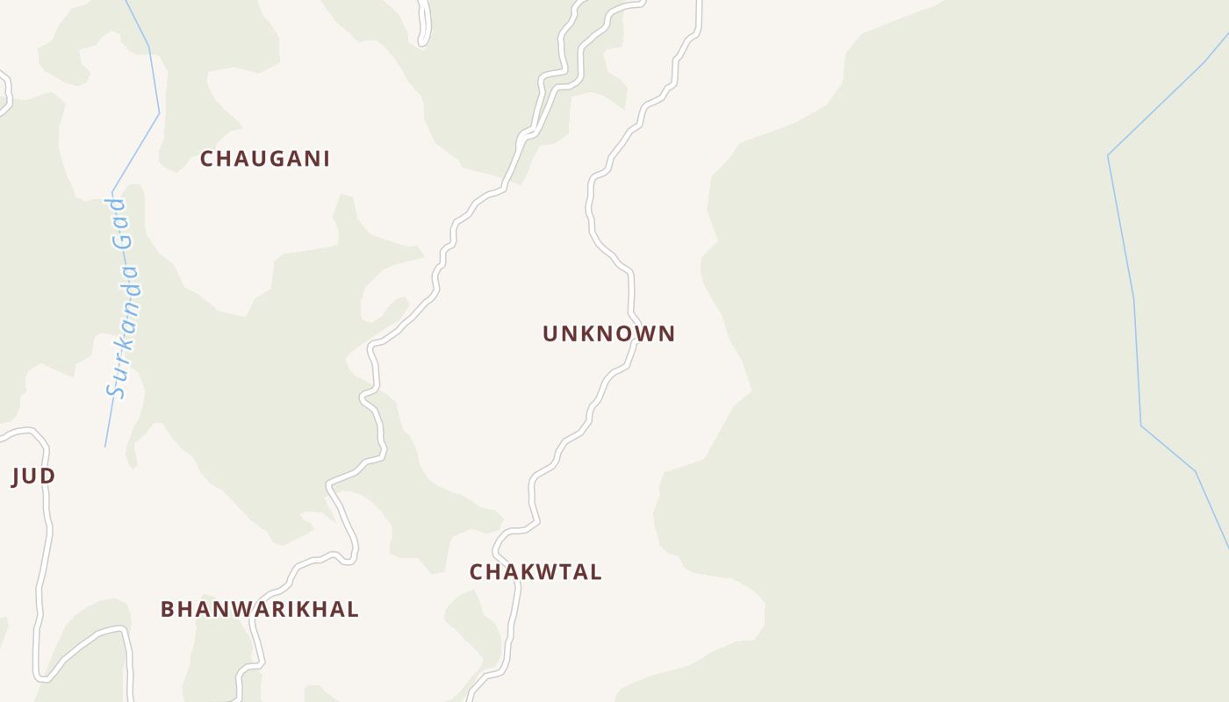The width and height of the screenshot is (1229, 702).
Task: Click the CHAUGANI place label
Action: coord(264,159)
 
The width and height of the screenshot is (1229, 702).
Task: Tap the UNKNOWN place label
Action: coord(608,333)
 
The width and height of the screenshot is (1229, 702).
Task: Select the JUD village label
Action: coord(33,476)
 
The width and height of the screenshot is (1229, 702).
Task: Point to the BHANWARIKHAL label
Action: coord(259,609)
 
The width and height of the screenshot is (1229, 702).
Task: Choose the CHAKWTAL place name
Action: coord(535,572)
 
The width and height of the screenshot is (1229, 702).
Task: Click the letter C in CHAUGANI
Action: coord(207,159)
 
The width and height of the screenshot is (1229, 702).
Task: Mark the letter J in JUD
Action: coord(16,476)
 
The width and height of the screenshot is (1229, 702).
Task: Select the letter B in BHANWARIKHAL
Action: coord(167,609)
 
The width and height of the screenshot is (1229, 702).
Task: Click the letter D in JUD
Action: coord(48,476)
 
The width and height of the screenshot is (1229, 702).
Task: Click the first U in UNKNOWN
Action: coord(550,333)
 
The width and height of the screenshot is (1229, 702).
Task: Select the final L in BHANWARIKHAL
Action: coord(353,609)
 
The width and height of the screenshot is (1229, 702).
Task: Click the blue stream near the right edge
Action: coord(1132,298)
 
